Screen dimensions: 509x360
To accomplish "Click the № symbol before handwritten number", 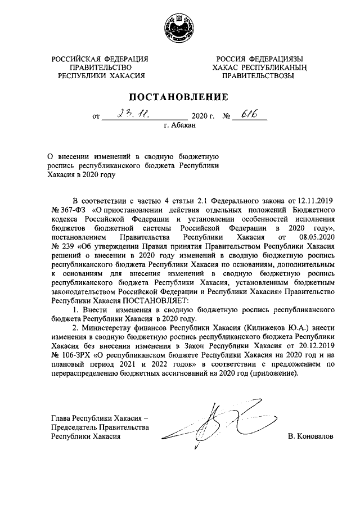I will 228,118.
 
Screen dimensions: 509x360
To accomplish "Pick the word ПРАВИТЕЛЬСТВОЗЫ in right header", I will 258,76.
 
